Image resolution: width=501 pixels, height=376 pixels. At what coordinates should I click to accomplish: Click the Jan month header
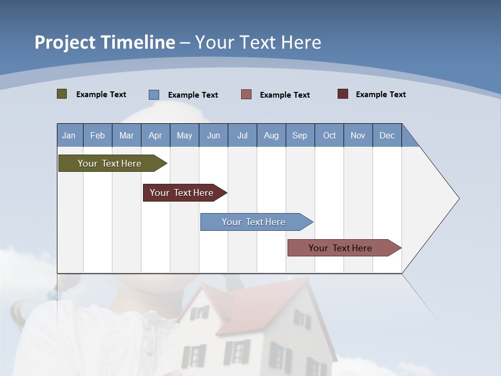click(69, 135)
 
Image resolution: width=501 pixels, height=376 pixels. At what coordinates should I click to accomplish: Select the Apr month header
click(155, 135)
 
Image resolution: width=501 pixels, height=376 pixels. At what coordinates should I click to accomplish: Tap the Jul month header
click(242, 135)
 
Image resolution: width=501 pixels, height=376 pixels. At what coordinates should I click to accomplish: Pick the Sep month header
click(300, 135)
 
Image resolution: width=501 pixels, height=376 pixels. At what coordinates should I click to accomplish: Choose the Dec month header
click(387, 135)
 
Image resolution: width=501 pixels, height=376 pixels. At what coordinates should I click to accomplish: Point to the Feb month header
click(98, 135)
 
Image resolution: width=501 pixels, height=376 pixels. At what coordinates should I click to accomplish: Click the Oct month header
click(329, 135)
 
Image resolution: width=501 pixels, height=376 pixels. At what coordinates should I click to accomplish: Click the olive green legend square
click(62, 94)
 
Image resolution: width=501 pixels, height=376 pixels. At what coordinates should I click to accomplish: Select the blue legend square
click(154, 95)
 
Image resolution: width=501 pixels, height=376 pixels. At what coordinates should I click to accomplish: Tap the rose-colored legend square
click(246, 95)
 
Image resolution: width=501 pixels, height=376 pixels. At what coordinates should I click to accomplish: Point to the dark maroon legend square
click(343, 94)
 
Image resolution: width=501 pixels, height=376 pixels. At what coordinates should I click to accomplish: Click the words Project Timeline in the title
click(105, 42)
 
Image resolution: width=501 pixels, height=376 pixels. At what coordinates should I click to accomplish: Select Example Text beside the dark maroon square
click(380, 95)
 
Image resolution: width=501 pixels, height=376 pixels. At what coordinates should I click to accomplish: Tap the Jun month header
click(213, 135)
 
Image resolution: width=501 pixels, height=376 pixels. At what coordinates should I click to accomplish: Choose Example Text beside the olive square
click(101, 95)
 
